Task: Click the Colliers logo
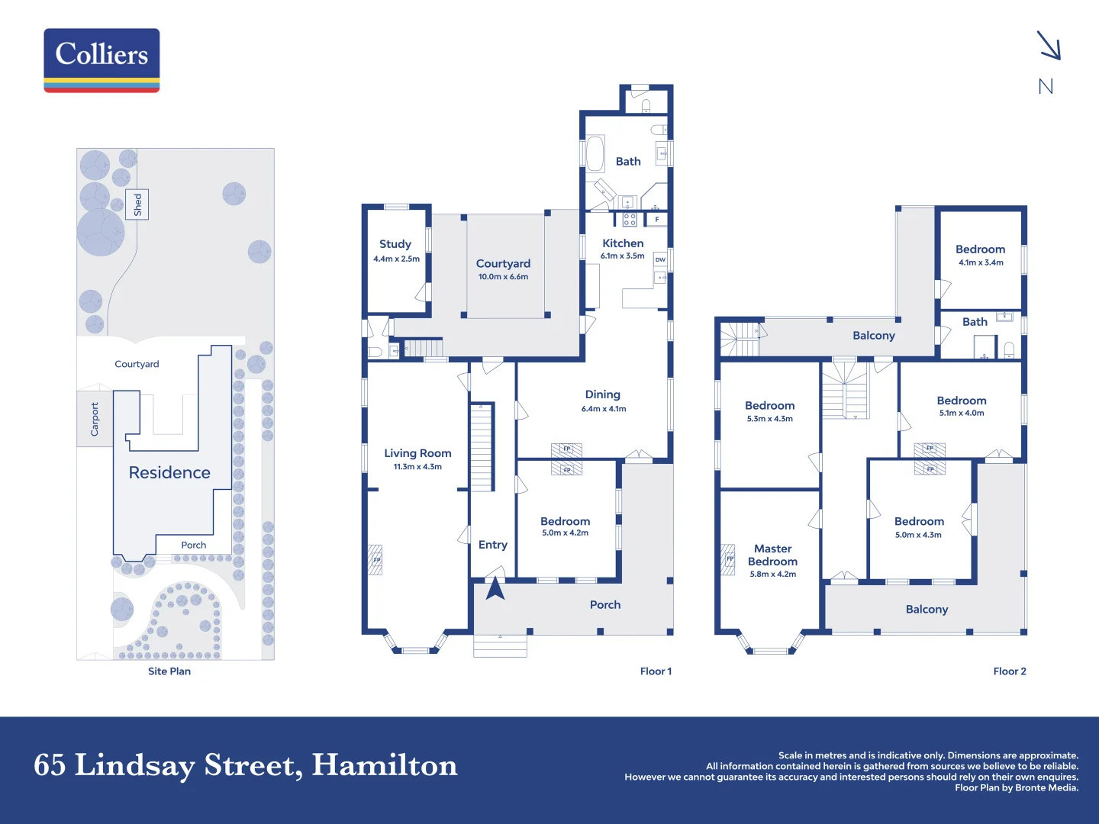[102, 60]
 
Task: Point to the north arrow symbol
[1049, 46]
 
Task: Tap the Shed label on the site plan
[138, 204]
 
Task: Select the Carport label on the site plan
[95, 419]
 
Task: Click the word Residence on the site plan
[169, 473]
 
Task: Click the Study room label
[395, 244]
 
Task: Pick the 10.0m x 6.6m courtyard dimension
[503, 277]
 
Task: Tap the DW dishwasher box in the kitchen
[660, 259]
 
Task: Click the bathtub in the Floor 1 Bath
[595, 153]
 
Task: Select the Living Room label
[417, 453]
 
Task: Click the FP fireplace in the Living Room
[376, 559]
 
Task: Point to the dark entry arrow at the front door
[495, 588]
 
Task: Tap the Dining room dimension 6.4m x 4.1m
[603, 409]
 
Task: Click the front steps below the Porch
[500, 646]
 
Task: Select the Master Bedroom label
[772, 555]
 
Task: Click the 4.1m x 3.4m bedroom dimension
[981, 262]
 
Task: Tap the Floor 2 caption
[1009, 671]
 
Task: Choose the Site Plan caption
[169, 671]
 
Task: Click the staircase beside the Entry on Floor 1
[482, 447]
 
